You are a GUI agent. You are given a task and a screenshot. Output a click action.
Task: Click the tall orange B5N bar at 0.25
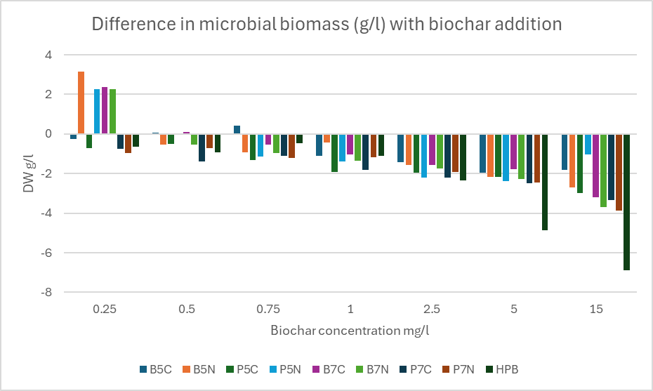(81, 102)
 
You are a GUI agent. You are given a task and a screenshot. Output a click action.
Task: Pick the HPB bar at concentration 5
(544, 182)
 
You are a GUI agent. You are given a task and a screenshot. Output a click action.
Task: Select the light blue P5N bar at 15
(587, 144)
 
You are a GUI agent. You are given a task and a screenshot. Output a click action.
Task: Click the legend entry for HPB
(503, 369)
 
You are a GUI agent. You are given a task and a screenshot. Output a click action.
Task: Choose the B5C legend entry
(155, 369)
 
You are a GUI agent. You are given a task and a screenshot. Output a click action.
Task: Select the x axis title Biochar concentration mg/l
(349, 329)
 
